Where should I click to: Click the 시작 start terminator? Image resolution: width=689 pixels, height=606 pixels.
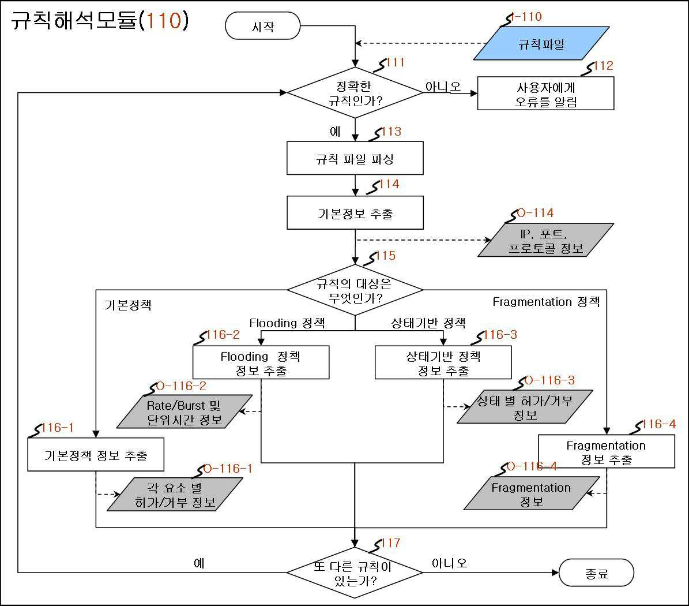[x=263, y=26]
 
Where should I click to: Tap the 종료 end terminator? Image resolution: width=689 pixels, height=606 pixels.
[x=596, y=573]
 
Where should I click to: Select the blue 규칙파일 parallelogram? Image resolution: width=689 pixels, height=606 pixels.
[x=541, y=43]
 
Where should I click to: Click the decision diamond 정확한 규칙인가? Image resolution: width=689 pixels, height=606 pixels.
[x=355, y=92]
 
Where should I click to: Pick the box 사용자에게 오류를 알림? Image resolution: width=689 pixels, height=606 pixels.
[x=545, y=93]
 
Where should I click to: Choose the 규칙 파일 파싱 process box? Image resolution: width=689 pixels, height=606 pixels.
[x=355, y=158]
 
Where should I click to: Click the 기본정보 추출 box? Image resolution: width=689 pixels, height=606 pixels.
[x=355, y=213]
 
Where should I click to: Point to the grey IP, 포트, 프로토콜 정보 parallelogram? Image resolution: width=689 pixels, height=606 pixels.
[x=546, y=240]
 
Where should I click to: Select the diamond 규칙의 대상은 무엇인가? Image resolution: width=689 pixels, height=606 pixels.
[x=355, y=290]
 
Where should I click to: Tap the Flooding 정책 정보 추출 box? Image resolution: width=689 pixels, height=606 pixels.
[x=261, y=362]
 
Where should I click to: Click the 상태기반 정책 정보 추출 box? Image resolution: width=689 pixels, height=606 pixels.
[x=443, y=362]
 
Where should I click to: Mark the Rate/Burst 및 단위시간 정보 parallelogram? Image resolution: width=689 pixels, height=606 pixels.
[x=184, y=412]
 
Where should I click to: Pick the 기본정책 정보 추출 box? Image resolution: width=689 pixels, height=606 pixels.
[x=96, y=454]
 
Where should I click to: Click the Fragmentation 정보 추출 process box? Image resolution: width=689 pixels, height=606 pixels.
[x=607, y=451]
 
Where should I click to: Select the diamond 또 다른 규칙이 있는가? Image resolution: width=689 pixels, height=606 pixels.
[x=355, y=573]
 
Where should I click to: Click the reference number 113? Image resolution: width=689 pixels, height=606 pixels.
[x=391, y=132]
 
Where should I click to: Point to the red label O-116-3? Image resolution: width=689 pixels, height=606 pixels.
[x=549, y=380]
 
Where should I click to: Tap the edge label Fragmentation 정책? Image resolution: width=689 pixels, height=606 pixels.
[x=546, y=302]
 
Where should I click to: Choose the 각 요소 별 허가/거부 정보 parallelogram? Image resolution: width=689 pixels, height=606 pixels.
[x=175, y=494]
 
